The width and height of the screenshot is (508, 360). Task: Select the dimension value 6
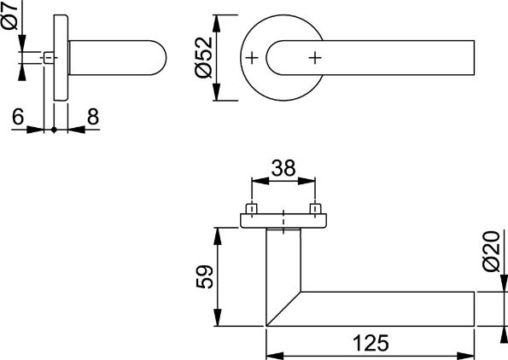pyautogui.click(x=17, y=117)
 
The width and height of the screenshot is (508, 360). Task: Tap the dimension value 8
pyautogui.click(x=92, y=117)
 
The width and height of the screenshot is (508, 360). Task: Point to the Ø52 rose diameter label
pyautogui.click(x=201, y=58)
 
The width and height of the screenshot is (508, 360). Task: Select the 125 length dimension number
pyautogui.click(x=370, y=343)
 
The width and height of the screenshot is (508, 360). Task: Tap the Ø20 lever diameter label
pyautogui.click(x=489, y=253)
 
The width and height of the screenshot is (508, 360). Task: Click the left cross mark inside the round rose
pyautogui.click(x=252, y=58)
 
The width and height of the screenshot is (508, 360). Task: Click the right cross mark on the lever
pyautogui.click(x=316, y=58)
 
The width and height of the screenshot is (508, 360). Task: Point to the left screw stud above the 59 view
pyautogui.click(x=252, y=208)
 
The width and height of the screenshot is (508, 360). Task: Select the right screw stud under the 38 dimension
pyautogui.click(x=316, y=208)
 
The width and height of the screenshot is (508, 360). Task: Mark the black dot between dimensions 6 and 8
pyautogui.click(x=55, y=130)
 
